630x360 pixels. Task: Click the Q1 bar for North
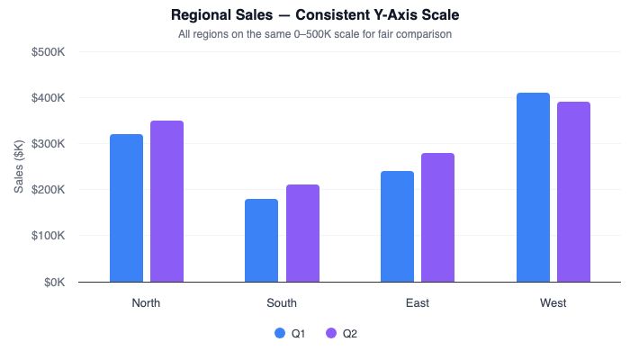pyautogui.click(x=126, y=208)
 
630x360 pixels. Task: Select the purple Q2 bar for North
pyautogui.click(x=166, y=202)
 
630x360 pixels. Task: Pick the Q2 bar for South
pyautogui.click(x=302, y=233)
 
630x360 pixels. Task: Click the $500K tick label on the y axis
pyautogui.click(x=48, y=52)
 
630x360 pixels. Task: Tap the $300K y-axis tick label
pyautogui.click(x=48, y=144)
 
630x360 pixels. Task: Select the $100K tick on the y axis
pyautogui.click(x=48, y=236)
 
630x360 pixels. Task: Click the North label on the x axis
pyautogui.click(x=146, y=303)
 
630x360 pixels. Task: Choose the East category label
pyautogui.click(x=418, y=303)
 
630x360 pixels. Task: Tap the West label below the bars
pyautogui.click(x=553, y=303)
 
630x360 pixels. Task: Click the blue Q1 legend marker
pyautogui.click(x=279, y=334)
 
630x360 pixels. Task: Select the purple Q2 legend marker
pyautogui.click(x=330, y=334)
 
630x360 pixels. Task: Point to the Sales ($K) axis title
pyautogui.click(x=20, y=166)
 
